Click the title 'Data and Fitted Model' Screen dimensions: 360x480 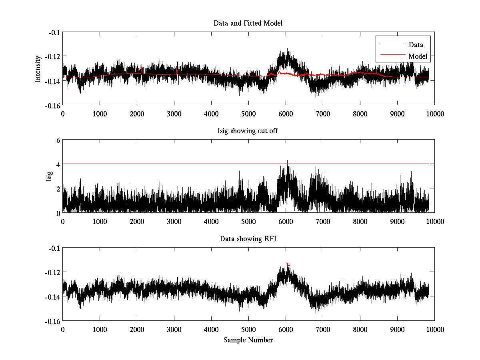click(x=248, y=23)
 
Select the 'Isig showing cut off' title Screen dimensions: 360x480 click(x=248, y=131)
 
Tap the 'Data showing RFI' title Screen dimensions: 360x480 click(x=248, y=239)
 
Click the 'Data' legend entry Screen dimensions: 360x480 click(x=416, y=45)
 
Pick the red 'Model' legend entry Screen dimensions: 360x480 click(x=418, y=56)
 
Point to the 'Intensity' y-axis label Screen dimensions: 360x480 click(x=38, y=68)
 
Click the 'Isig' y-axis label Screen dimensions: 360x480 click(x=49, y=176)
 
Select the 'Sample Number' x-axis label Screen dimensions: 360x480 click(x=248, y=340)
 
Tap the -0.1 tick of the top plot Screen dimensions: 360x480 click(x=54, y=32)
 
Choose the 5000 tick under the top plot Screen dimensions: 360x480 click(x=248, y=114)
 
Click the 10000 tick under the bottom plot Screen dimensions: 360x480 click(x=434, y=329)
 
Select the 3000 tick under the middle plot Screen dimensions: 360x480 click(x=174, y=222)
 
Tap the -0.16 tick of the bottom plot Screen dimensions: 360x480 click(x=52, y=321)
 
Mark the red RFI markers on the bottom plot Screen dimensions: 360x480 click(x=288, y=264)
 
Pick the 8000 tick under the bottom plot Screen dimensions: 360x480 click(x=360, y=329)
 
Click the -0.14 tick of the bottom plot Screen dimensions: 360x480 click(x=52, y=297)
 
